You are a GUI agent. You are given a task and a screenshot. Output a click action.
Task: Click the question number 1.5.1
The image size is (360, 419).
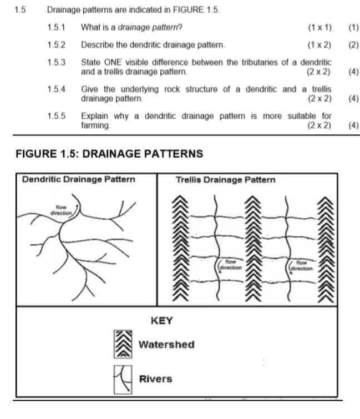[57, 27]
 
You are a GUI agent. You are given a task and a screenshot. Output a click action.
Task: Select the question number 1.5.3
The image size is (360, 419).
[57, 63]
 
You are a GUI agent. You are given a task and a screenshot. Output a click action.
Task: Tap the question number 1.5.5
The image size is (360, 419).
[57, 116]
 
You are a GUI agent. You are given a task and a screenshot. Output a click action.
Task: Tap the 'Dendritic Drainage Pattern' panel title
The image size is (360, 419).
[78, 180]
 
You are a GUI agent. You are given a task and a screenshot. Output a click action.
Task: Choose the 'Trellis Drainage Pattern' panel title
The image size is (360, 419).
[225, 180]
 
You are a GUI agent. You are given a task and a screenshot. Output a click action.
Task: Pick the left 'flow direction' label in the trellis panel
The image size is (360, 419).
[231, 264]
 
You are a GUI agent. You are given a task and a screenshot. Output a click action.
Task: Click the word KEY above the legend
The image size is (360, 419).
[161, 321]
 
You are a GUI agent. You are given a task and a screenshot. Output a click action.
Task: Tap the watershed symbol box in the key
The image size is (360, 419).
[122, 345]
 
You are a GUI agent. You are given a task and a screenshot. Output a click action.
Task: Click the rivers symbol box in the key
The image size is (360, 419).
[122, 380]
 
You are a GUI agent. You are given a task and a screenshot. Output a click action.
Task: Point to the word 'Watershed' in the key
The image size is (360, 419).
[166, 345]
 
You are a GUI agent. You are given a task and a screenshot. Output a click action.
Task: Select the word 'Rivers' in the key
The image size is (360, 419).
[155, 380]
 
